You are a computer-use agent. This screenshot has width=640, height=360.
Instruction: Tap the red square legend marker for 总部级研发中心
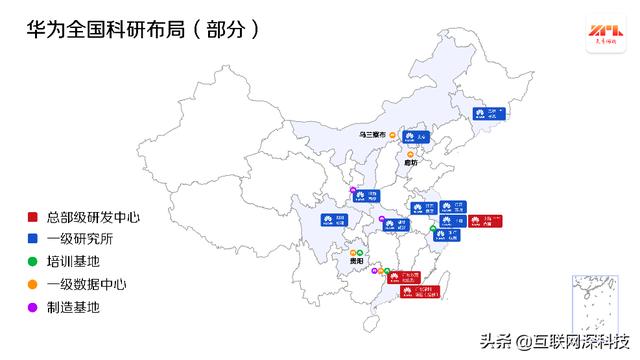(32, 216)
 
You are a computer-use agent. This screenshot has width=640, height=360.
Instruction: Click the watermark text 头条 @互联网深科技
(560, 340)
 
